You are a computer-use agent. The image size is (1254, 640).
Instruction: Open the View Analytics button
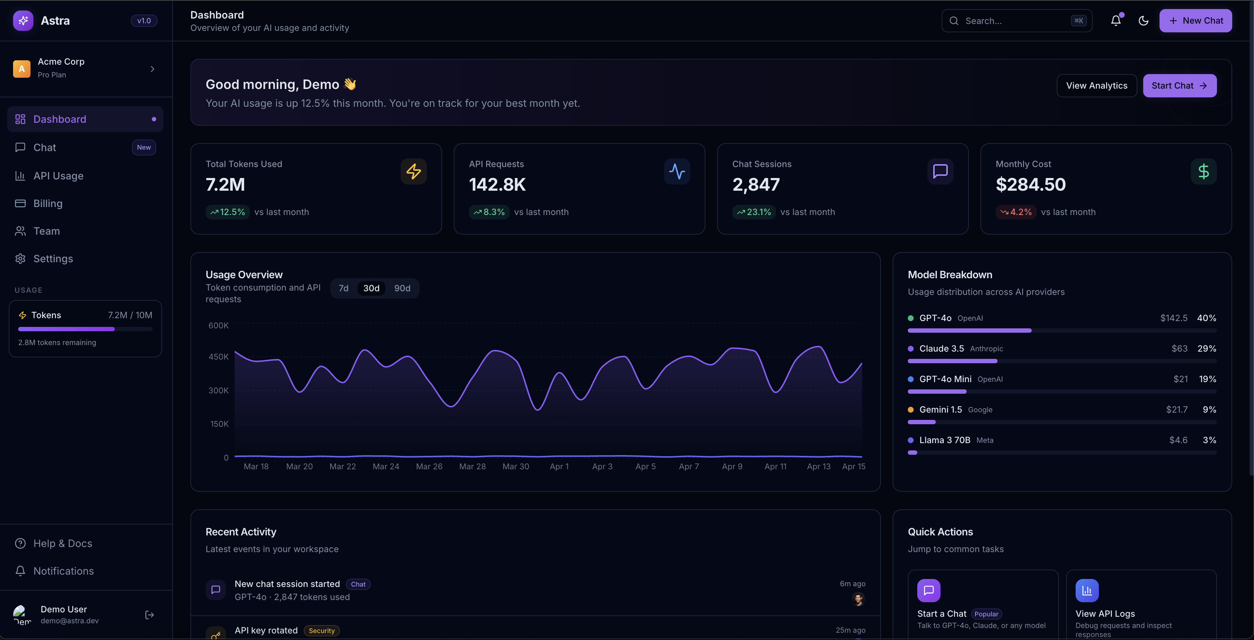click(1096, 86)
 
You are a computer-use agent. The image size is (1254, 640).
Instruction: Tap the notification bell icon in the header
click(1116, 20)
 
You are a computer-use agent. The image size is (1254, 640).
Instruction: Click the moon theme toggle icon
click(1144, 20)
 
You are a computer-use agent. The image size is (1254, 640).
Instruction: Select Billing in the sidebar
click(48, 203)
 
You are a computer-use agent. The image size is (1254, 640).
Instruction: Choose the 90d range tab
click(402, 288)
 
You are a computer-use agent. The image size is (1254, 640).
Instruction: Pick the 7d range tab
click(343, 288)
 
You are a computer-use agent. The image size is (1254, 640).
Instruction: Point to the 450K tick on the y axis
click(219, 357)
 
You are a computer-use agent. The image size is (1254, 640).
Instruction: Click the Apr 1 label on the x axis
click(559, 466)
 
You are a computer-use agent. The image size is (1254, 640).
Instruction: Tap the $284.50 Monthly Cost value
click(1031, 185)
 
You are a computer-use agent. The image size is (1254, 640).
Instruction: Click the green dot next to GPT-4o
click(910, 318)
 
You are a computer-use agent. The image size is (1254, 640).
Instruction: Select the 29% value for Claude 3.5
click(1206, 348)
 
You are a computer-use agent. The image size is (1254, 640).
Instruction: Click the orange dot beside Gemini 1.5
click(910, 410)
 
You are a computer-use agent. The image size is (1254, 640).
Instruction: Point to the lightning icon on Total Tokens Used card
click(413, 171)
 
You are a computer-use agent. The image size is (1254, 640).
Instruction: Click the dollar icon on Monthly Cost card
click(1204, 171)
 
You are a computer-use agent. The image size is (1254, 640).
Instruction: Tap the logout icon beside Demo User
click(149, 615)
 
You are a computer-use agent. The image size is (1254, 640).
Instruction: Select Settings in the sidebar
click(53, 258)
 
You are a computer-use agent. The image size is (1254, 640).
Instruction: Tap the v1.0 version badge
click(143, 20)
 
